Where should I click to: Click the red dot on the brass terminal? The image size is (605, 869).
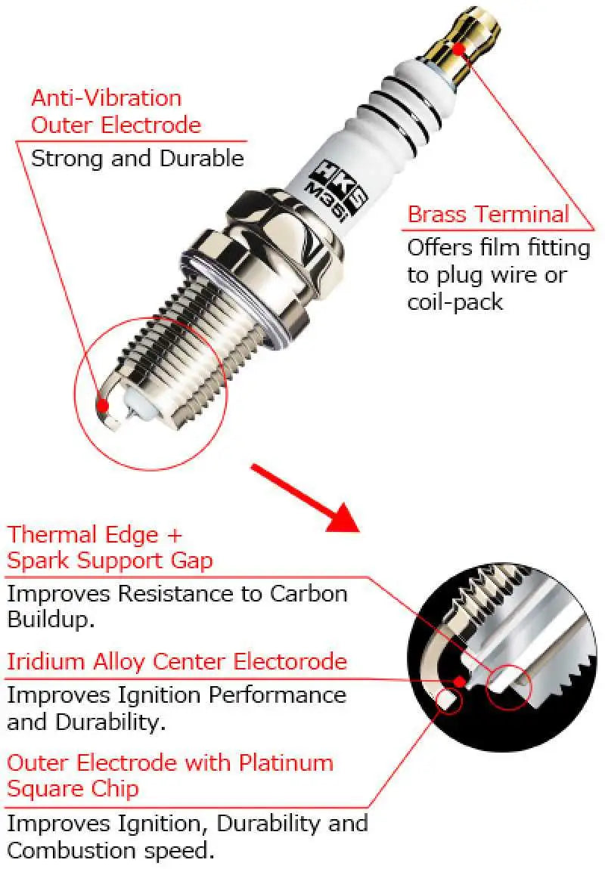click(x=458, y=48)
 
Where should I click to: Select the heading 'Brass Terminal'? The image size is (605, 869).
click(x=488, y=214)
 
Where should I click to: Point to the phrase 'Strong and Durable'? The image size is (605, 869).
click(x=137, y=159)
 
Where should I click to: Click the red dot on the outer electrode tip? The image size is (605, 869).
click(x=103, y=405)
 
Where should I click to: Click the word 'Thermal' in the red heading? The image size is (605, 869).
click(x=52, y=535)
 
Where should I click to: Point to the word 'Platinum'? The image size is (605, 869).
click(x=286, y=762)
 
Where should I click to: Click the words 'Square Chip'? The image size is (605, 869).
click(x=73, y=789)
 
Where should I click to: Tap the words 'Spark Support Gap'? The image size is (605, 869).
click(x=110, y=561)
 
